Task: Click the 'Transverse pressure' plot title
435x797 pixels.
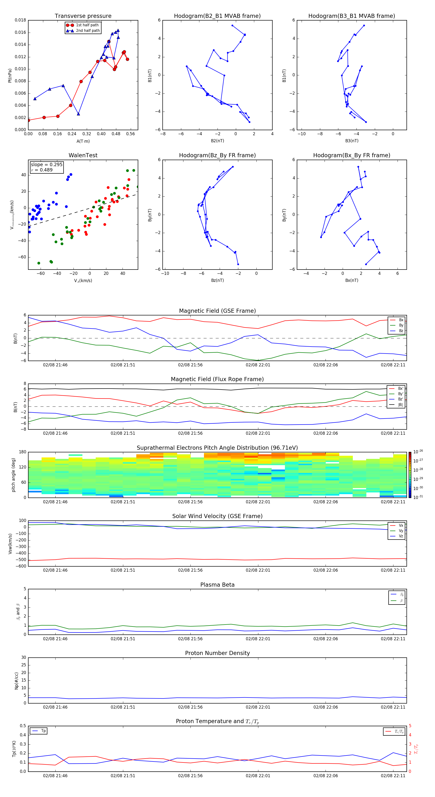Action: [83, 16]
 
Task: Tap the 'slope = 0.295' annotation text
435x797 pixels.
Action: [46, 165]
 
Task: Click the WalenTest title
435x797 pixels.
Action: [83, 155]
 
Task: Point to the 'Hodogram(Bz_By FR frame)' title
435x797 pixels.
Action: [217, 155]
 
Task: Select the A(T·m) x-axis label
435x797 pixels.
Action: [83, 141]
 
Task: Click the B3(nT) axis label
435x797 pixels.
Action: [352, 141]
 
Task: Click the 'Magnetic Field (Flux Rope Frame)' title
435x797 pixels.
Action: [217, 379]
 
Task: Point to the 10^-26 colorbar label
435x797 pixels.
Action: [418, 452]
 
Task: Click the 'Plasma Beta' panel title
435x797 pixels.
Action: [217, 585]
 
